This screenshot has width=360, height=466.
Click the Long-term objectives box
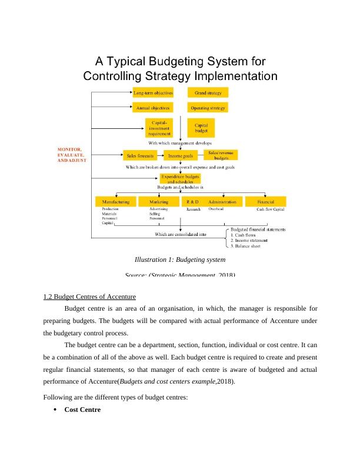[x=153, y=93]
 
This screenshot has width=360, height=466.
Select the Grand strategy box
[x=208, y=93]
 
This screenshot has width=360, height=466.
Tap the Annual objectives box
[x=153, y=108]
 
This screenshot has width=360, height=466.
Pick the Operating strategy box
[x=208, y=108]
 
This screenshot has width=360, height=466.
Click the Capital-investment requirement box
[x=160, y=128]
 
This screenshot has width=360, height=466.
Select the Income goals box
[x=181, y=156]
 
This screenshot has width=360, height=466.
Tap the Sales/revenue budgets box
[x=221, y=155]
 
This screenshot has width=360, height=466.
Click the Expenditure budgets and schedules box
[x=180, y=179]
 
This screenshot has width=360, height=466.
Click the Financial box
[x=265, y=201]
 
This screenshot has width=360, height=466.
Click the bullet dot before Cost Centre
[x=55, y=409]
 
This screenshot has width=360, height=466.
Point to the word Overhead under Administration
[x=216, y=209]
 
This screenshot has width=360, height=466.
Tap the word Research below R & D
[x=194, y=209]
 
